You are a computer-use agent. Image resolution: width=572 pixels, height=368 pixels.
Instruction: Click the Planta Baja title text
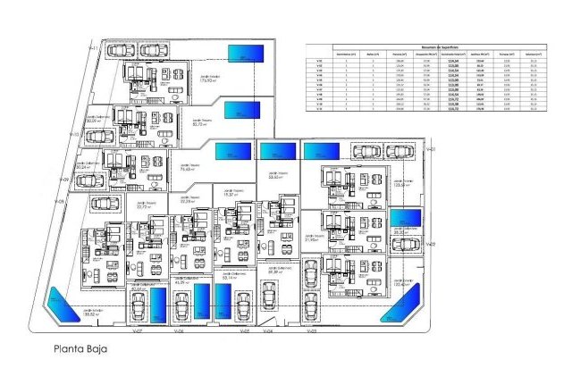[x=80, y=349]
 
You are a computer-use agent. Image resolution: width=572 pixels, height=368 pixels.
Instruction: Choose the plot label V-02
[x=430, y=242]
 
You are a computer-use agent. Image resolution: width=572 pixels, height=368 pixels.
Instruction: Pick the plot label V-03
[x=311, y=330]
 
